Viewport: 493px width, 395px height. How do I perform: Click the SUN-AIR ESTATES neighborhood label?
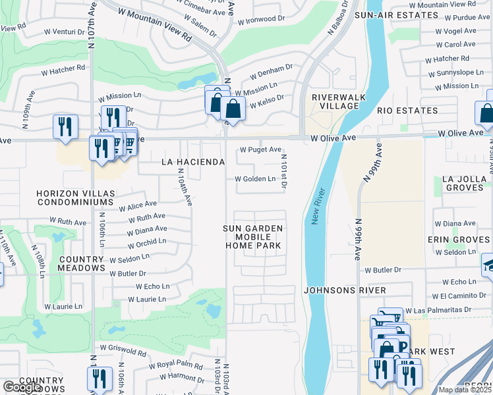point(388,14)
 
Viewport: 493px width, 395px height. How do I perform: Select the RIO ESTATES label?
point(407,111)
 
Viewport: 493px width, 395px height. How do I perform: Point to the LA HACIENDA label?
point(194,161)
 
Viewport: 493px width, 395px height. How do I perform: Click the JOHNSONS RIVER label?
point(335,290)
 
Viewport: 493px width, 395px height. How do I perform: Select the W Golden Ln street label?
point(256,178)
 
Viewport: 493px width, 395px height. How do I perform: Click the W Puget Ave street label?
point(260,149)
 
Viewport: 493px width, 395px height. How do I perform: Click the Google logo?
point(22,387)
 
